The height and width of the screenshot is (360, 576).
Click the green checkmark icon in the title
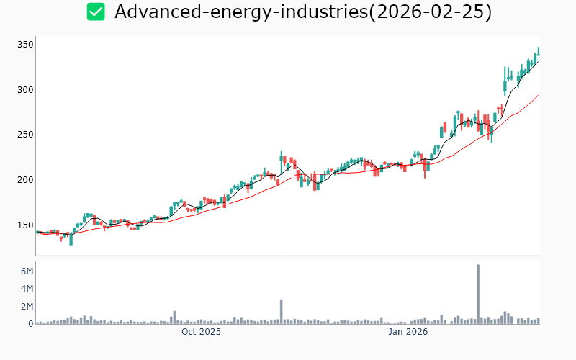96,12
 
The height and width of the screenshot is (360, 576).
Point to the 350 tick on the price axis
25,45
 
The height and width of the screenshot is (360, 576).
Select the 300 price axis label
25,90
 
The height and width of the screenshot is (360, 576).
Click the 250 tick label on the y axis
25,135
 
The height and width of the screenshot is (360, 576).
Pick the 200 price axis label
25,180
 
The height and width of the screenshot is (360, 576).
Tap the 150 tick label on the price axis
25,225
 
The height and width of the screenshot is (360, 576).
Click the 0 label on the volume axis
30,324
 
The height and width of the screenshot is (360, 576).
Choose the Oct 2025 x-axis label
201,332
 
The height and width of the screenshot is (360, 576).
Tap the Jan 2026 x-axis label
408,332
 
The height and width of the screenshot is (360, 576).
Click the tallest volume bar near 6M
478,294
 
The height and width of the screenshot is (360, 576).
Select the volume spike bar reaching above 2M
282,312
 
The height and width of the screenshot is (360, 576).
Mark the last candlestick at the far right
538,51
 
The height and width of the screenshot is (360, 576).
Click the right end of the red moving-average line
539,94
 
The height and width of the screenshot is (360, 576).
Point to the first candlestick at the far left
37,232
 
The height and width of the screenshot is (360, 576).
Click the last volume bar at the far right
538,321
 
